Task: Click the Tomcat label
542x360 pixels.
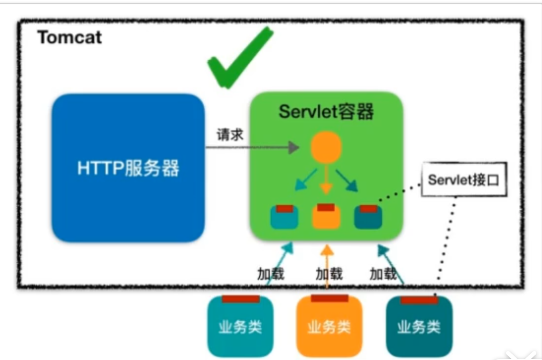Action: click(70, 38)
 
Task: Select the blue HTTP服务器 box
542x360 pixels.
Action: click(128, 168)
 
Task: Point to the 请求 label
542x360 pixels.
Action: click(230, 134)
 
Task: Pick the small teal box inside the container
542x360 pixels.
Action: click(284, 217)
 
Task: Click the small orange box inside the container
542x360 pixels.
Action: click(326, 216)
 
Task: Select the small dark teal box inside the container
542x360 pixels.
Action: click(369, 217)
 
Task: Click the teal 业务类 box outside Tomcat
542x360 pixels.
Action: click(240, 327)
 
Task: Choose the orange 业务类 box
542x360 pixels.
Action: click(329, 327)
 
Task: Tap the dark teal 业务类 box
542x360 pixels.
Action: click(419, 327)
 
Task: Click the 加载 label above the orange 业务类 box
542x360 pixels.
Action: click(329, 273)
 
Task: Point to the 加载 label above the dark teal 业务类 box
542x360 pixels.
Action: click(383, 273)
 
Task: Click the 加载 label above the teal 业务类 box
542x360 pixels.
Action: click(271, 273)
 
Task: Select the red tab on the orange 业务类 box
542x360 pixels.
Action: click(329, 299)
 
